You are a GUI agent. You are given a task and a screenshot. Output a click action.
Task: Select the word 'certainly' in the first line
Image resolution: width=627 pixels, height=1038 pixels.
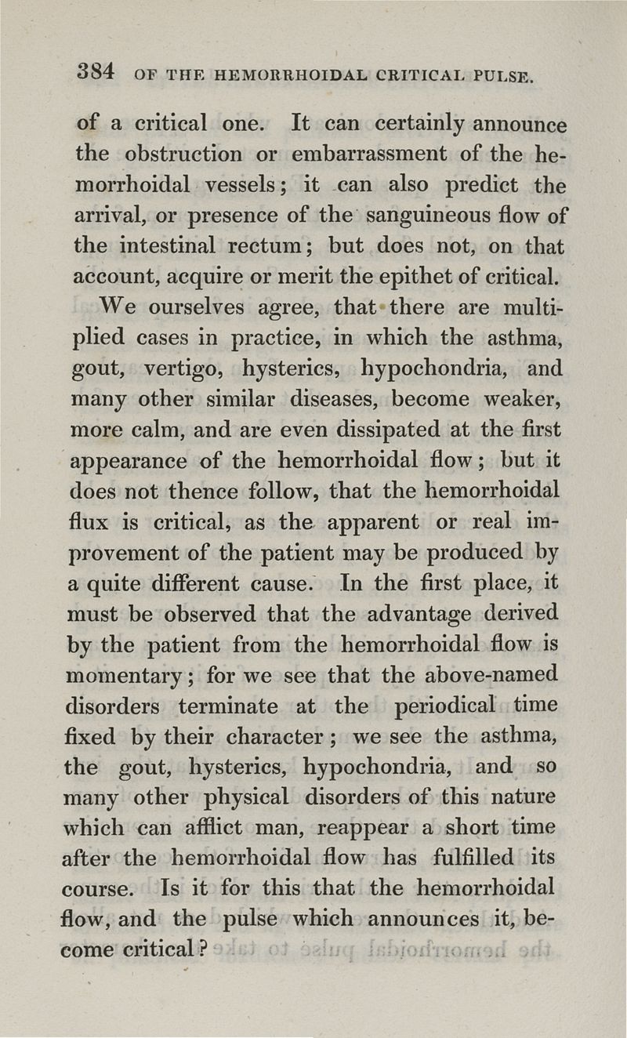422,125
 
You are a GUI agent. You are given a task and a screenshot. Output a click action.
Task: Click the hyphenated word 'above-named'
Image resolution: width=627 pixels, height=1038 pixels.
491,674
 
